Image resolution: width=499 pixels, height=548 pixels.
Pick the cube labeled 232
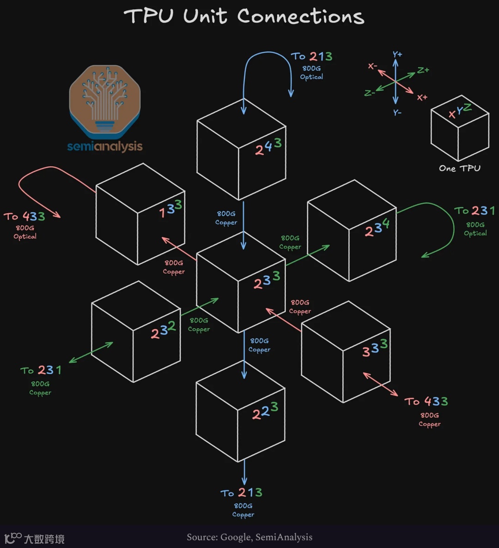coord(136,331)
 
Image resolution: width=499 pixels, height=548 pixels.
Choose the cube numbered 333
coord(346,352)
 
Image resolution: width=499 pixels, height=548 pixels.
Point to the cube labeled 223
coord(240,411)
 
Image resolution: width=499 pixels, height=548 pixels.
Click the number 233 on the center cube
coord(267,281)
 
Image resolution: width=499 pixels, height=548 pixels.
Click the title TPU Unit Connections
coord(244,17)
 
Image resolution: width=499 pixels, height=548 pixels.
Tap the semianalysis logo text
coord(105,146)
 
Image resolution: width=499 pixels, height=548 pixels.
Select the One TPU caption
coord(459,169)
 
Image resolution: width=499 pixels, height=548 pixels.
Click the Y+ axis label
coord(397,54)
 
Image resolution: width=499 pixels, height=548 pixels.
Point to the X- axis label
coord(372,66)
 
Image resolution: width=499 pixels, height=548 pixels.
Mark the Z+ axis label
coord(423,70)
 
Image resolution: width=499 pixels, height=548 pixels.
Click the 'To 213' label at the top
coord(312,57)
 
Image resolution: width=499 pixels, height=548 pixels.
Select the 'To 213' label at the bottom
coord(242,493)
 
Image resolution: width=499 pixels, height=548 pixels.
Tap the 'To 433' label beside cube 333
coord(426,401)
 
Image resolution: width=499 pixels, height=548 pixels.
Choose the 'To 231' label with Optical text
coord(475,211)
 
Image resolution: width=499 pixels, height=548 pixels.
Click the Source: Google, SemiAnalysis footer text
coord(249,537)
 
